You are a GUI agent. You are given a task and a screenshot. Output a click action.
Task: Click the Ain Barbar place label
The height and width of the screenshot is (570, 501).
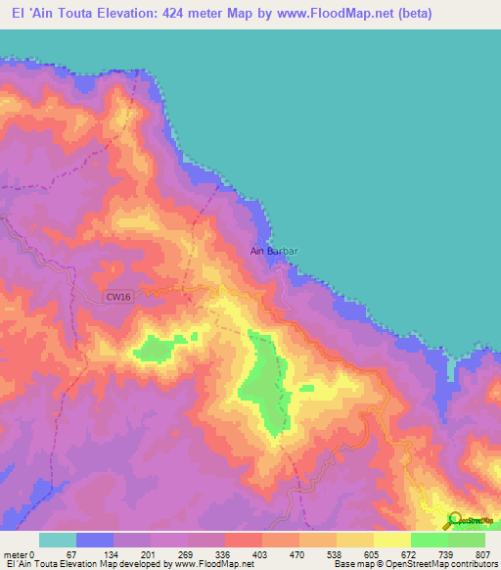[x=274, y=251]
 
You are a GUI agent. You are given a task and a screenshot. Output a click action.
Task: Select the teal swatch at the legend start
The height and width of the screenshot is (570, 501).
[x=58, y=540]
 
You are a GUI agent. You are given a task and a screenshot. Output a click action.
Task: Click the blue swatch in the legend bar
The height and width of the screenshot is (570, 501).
[x=95, y=540]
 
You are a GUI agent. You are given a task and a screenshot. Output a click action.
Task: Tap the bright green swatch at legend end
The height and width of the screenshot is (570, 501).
[x=467, y=540]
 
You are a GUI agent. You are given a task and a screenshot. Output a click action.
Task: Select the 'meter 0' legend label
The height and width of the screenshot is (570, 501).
[x=22, y=553]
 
